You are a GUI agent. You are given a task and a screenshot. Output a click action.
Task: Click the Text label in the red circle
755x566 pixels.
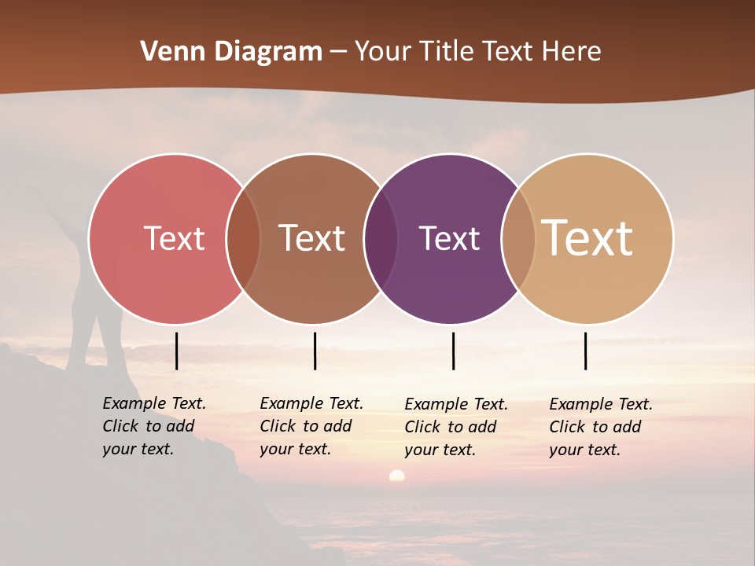tap(174, 238)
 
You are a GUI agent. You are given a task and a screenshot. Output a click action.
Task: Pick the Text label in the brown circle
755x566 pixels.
tap(312, 238)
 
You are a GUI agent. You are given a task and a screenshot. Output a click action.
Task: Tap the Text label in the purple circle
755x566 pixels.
tap(449, 238)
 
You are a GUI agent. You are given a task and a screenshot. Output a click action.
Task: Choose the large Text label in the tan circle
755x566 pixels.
tap(587, 237)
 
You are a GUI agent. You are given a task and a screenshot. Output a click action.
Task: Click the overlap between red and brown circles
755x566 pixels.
tap(244, 238)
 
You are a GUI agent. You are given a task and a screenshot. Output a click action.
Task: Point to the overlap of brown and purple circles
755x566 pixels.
tap(381, 238)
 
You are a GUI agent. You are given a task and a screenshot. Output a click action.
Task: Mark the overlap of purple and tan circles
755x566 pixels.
tap(519, 238)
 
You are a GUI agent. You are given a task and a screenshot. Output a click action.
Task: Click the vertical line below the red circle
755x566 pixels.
tap(177, 351)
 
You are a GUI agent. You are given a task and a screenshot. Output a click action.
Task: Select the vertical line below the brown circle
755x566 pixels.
tap(315, 351)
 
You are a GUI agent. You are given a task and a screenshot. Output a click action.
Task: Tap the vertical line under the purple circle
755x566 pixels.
tap(454, 351)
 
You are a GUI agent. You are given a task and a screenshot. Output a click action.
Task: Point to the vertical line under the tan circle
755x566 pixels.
tap(586, 351)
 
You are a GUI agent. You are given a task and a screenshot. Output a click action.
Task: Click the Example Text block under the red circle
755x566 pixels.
tap(153, 426)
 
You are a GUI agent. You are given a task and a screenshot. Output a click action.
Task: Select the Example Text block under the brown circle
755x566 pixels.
tap(311, 426)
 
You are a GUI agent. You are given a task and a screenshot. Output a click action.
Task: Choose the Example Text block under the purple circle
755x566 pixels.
tap(455, 427)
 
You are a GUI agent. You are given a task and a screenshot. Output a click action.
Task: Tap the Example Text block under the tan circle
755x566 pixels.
tap(600, 427)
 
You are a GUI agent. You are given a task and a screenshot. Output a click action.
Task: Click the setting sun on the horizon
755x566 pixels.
tap(397, 476)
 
